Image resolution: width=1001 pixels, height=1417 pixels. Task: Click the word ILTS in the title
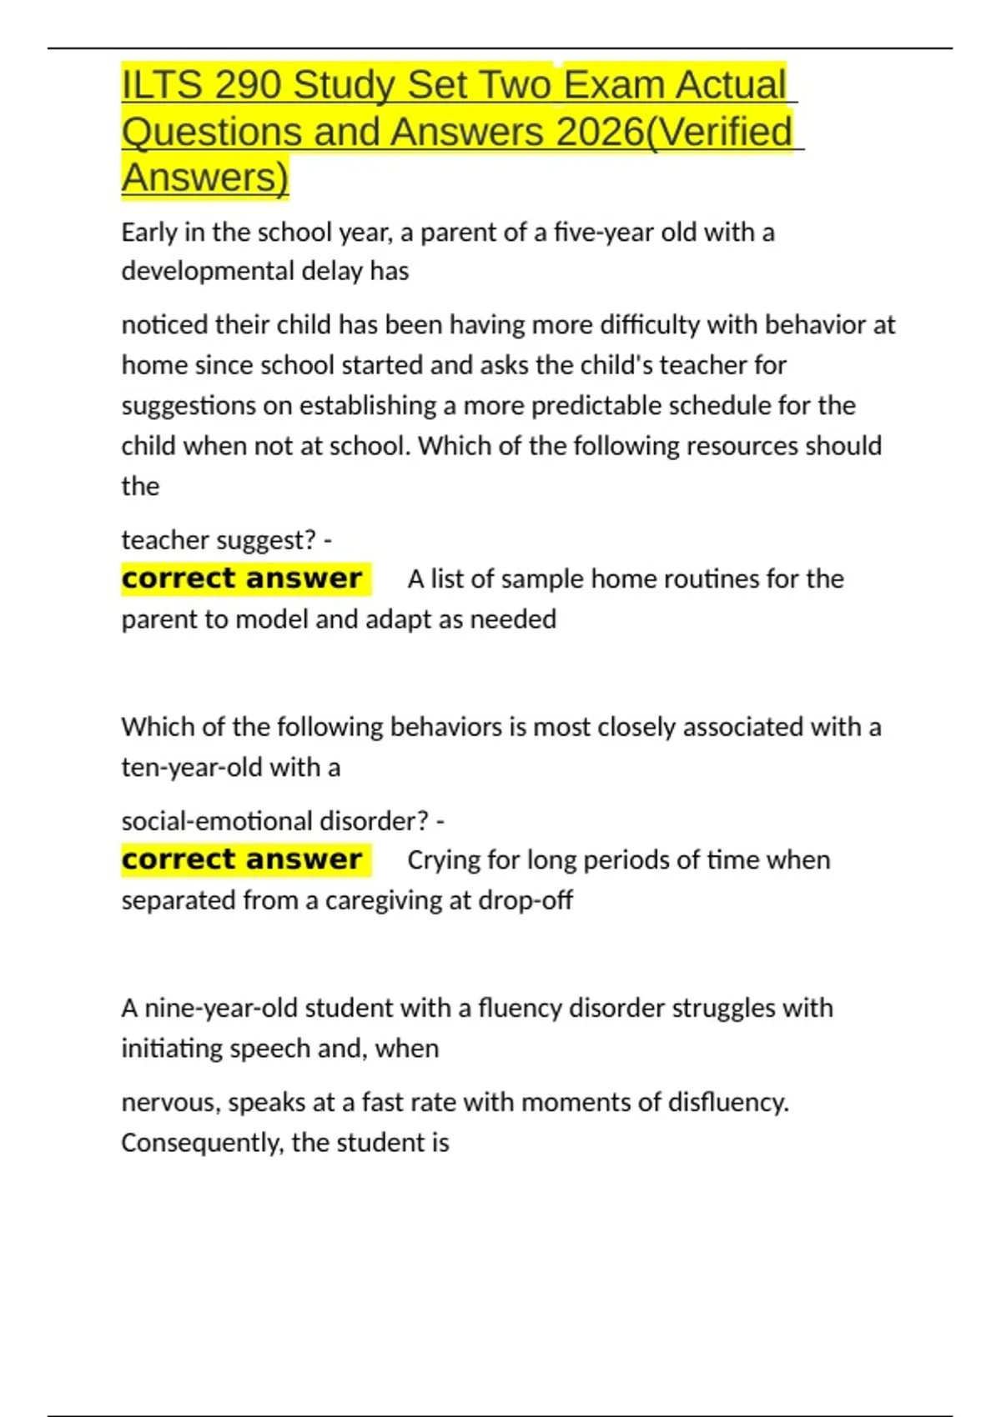click(x=162, y=85)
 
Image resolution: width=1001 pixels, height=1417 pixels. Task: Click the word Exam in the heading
click(x=613, y=85)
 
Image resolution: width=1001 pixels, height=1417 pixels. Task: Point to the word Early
click(x=149, y=232)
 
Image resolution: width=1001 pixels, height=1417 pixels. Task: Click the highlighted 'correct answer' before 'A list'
click(x=242, y=578)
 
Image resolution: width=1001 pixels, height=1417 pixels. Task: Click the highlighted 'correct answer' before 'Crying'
click(x=242, y=859)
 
